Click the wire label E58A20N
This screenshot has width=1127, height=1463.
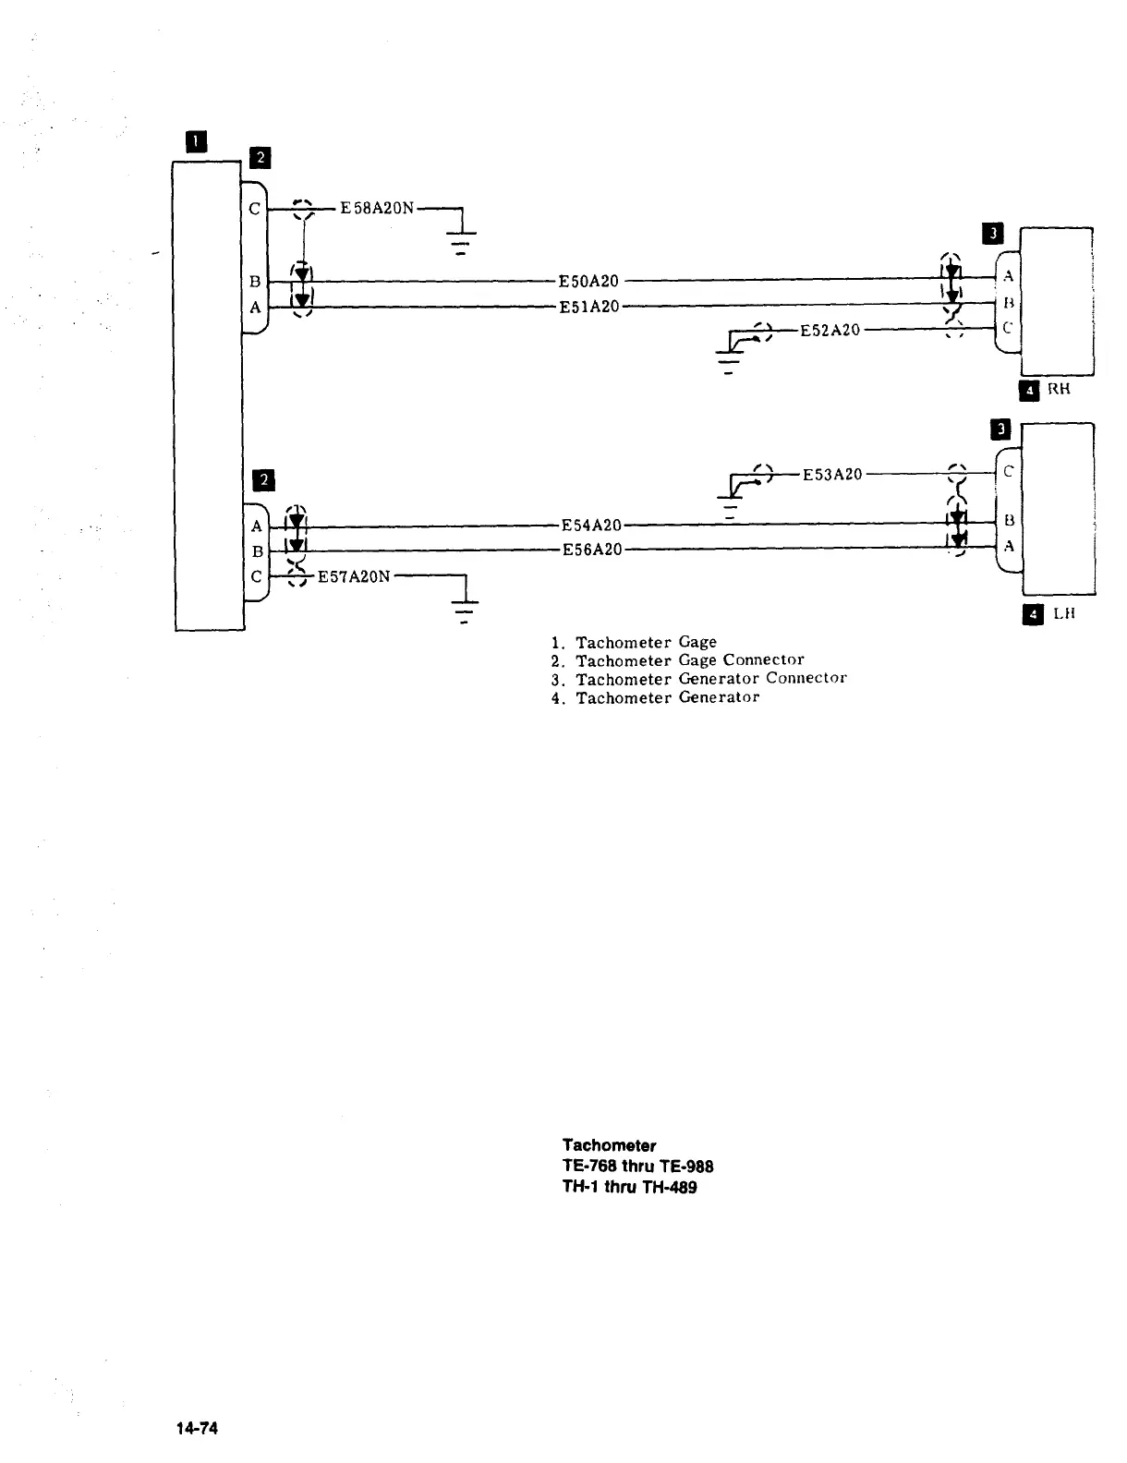[x=377, y=208]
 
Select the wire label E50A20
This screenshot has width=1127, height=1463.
[x=588, y=281]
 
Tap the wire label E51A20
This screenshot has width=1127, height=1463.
[x=588, y=307]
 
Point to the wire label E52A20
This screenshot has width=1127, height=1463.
[x=830, y=330]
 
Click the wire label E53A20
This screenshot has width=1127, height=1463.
[x=831, y=475]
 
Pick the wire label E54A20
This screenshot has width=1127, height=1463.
[x=591, y=526]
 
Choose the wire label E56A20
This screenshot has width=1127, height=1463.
[x=591, y=550]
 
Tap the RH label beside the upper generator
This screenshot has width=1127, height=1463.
[x=1059, y=389]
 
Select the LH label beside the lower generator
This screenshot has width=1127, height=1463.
[x=1064, y=613]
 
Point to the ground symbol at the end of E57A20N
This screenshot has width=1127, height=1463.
[x=464, y=611]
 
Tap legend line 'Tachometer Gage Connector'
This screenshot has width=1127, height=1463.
[x=689, y=660]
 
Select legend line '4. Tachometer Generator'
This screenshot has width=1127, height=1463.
[x=655, y=698]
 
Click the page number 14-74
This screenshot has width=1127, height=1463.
[x=198, y=1428]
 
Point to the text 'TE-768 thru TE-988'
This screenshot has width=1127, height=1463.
[x=637, y=1167]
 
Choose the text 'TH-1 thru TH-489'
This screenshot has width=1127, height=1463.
[x=629, y=1188]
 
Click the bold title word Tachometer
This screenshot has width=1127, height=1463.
[x=609, y=1146]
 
